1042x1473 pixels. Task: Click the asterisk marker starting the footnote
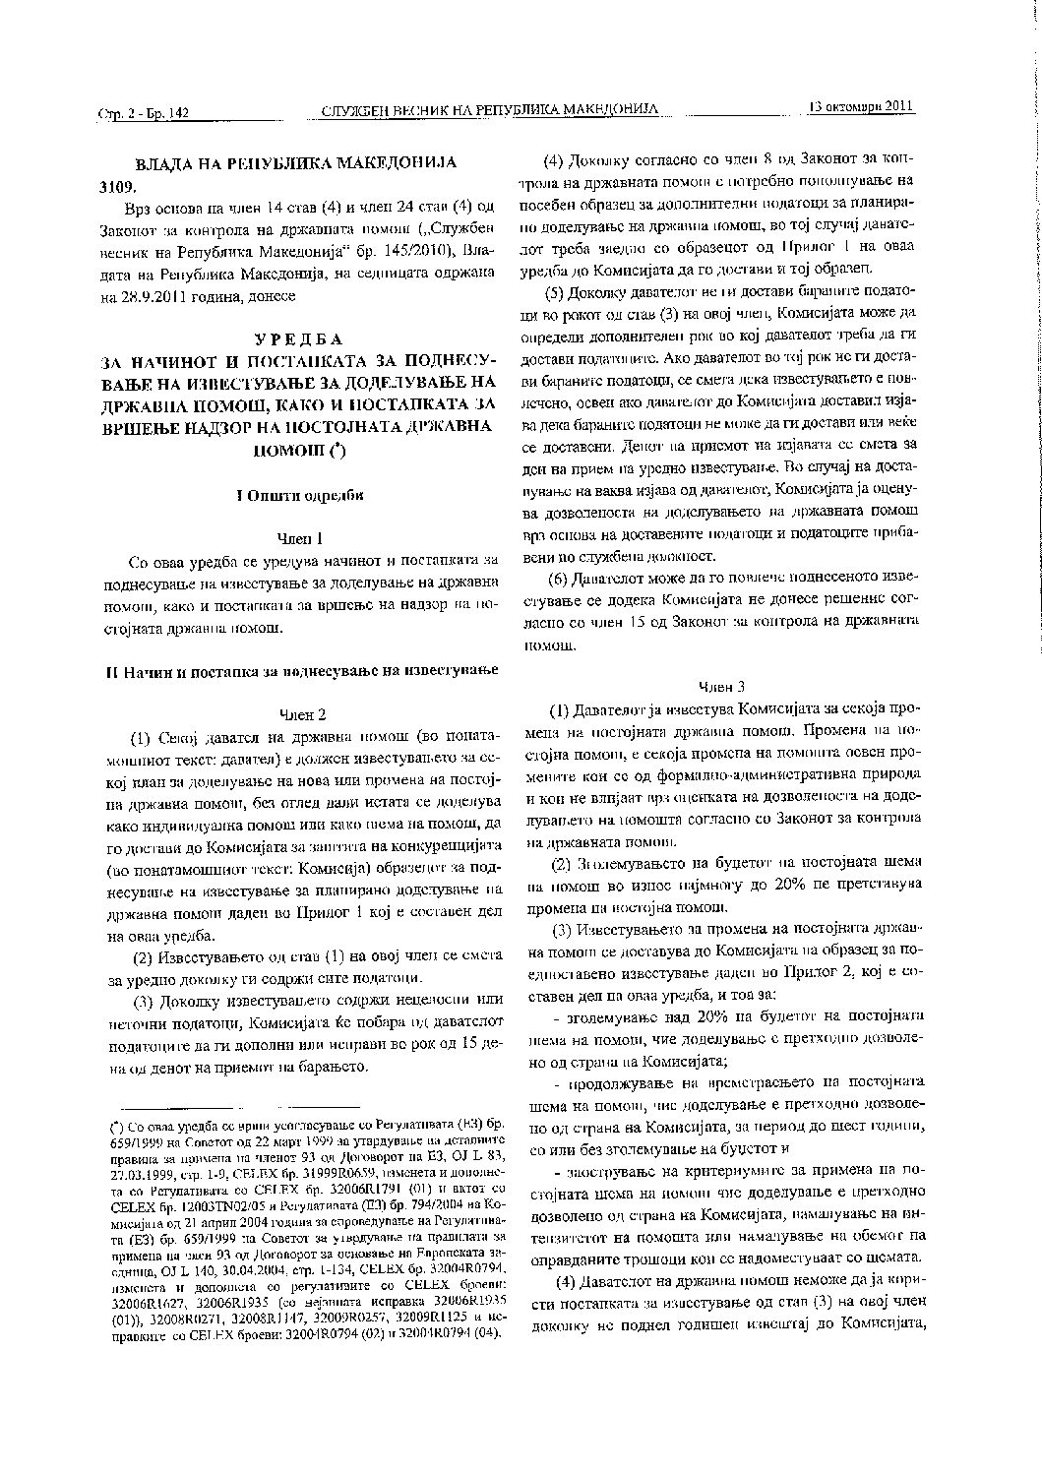pos(115,1123)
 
